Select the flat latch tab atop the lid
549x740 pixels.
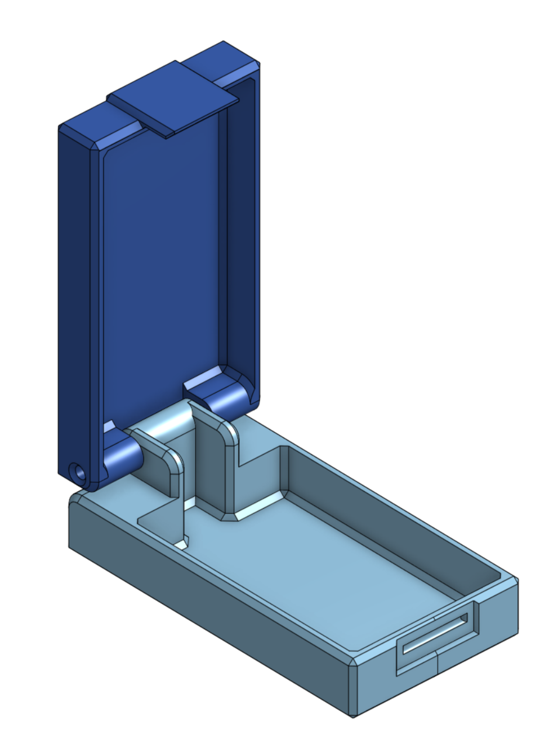tap(172, 99)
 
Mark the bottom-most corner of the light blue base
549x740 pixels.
tap(353, 716)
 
